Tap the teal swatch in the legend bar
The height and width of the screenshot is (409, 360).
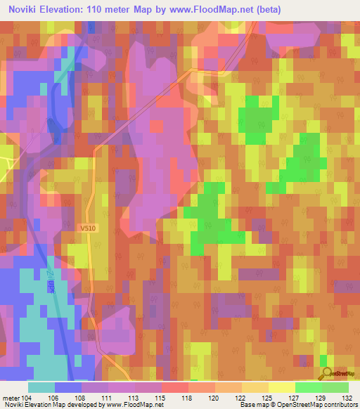(x=41, y=387)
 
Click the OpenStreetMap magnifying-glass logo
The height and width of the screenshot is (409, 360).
(x=327, y=375)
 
